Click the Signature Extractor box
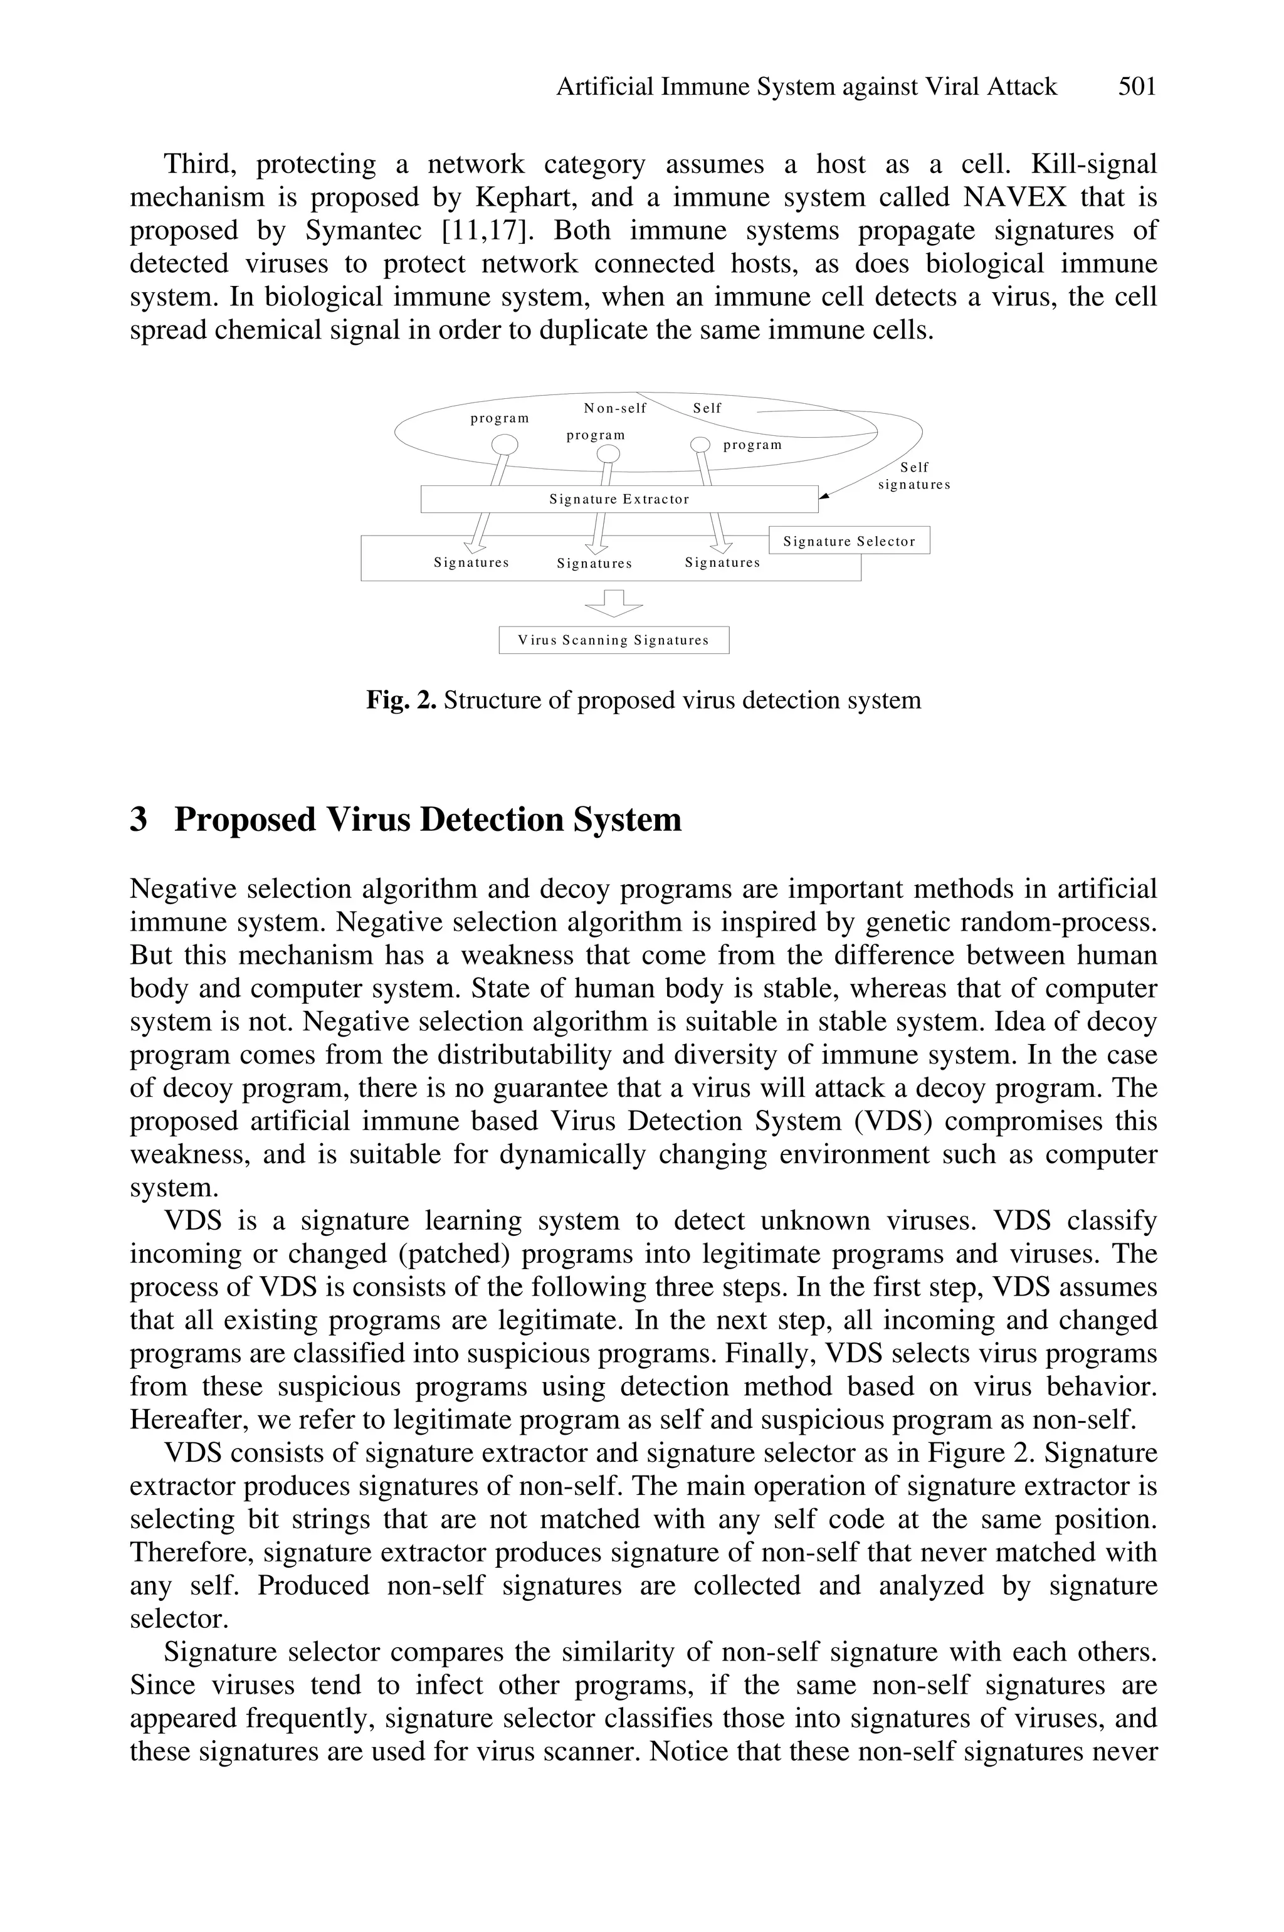[x=619, y=499]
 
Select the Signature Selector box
[x=848, y=541]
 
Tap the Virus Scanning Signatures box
[x=613, y=640]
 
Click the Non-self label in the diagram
[x=615, y=408]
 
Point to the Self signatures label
[x=914, y=475]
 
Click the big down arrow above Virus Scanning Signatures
[x=613, y=604]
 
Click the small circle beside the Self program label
[x=700, y=444]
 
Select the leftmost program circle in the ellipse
[x=505, y=444]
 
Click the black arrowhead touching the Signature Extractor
[x=824, y=495]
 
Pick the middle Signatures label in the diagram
[x=594, y=564]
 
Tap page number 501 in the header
[x=1137, y=87]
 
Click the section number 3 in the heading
[x=139, y=820]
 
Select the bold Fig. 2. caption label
[x=401, y=700]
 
